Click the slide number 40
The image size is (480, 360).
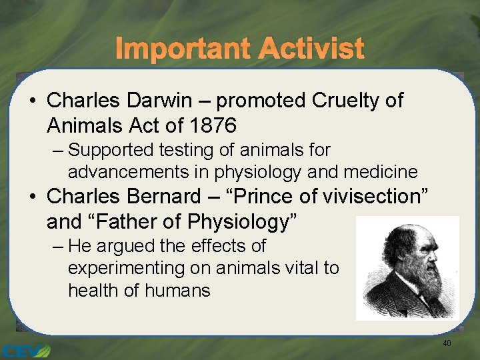pos(447,343)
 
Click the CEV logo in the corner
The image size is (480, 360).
pos(25,350)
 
